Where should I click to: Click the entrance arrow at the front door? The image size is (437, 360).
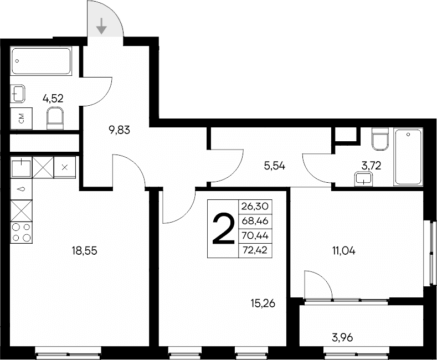[102, 26]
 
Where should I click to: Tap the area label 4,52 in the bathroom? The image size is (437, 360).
[53, 99]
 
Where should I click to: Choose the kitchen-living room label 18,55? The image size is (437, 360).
[83, 251]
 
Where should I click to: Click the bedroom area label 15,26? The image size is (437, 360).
[263, 303]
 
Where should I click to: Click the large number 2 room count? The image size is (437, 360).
[223, 229]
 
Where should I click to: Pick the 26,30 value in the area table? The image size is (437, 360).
[255, 206]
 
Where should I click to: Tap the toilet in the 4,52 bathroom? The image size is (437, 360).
[56, 117]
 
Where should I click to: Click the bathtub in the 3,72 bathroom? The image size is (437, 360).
[408, 157]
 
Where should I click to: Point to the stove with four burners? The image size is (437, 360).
[21, 232]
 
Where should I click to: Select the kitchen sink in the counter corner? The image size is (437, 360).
[21, 166]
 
